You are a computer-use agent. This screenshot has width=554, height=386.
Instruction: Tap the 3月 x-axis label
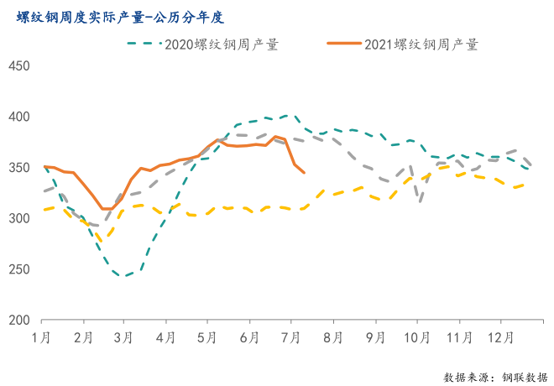point(124,337)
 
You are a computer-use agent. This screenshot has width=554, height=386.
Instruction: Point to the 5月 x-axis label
point(207,337)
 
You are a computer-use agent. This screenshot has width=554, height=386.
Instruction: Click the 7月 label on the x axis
point(290,337)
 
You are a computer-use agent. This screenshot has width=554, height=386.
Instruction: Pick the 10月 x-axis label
point(416,337)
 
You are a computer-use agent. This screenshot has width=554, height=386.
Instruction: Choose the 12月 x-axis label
point(501,337)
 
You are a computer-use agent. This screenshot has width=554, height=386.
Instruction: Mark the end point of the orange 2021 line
point(304,173)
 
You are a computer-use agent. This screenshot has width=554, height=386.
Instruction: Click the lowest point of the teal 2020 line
point(124,275)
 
